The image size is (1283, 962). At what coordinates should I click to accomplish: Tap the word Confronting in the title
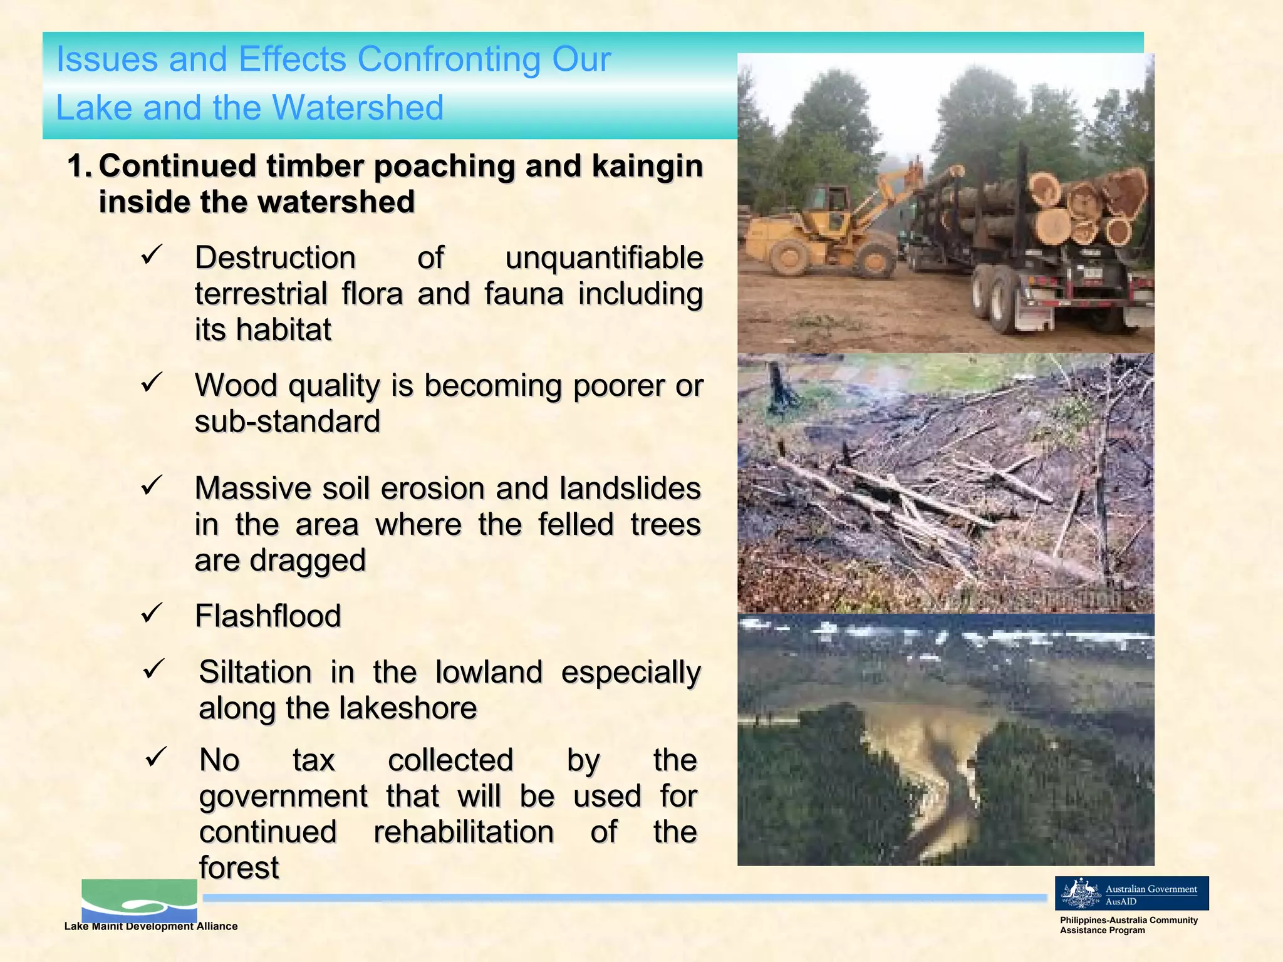(449, 59)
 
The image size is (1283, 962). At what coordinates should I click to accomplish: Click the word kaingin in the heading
(647, 166)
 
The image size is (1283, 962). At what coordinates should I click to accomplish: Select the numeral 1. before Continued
(80, 166)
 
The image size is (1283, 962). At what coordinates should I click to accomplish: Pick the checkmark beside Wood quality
(152, 382)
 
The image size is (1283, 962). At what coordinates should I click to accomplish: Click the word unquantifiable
(604, 258)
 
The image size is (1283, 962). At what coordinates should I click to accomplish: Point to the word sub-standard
(288, 422)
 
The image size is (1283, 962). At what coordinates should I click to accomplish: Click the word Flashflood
(268, 616)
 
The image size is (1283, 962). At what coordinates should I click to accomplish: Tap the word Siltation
(255, 673)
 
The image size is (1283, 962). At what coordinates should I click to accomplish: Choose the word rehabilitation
(464, 832)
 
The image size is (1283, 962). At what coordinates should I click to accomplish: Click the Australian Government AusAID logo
(1131, 893)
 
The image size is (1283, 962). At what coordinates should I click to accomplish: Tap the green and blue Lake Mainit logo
(139, 901)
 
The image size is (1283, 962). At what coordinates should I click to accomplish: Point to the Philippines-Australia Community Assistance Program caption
(1128, 925)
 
